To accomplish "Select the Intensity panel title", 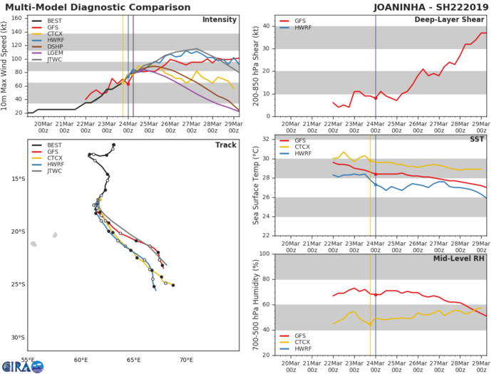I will pyautogui.click(x=220, y=19).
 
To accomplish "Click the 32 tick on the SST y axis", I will pyautogui.click(x=264, y=140).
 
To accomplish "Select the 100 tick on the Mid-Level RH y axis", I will pyautogui.click(x=262, y=254).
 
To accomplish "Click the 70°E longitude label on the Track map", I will pyautogui.click(x=187, y=360).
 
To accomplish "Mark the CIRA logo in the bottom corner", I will pyautogui.click(x=22, y=366).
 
